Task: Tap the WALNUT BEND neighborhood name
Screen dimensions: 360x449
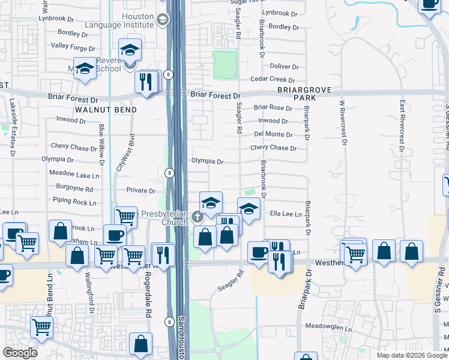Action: [106, 110]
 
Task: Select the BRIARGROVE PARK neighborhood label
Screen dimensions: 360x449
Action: [304, 93]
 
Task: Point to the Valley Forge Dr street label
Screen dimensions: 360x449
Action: [70, 46]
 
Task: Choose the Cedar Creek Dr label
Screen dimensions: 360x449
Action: [273, 80]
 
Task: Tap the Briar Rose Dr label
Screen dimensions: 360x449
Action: [273, 108]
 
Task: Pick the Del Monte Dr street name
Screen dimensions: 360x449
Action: [273, 134]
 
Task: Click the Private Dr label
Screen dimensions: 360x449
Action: [141, 191]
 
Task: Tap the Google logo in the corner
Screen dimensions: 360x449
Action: [20, 353]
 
